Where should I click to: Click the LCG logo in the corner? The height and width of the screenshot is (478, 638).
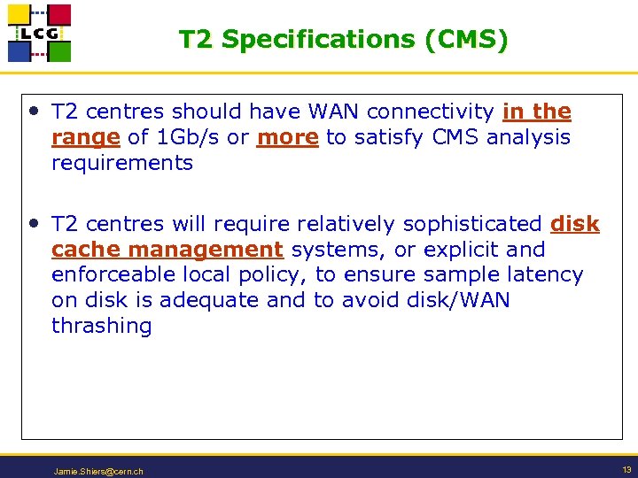pos(39,33)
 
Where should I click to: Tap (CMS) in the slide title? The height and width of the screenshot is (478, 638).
pos(466,40)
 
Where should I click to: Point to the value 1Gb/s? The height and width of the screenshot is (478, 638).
pos(203,138)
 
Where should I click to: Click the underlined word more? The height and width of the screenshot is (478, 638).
pos(287,138)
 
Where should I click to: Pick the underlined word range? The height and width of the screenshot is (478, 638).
pos(85,138)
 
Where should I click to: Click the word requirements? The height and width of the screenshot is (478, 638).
pos(121,163)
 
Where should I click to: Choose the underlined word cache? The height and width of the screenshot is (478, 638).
pos(77,250)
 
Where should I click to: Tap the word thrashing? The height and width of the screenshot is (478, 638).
pos(101,326)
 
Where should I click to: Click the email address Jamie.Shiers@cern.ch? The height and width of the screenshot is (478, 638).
pos(97,471)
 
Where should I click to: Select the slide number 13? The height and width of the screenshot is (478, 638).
pos(626,469)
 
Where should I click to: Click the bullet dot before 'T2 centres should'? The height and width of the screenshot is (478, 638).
pos(34,111)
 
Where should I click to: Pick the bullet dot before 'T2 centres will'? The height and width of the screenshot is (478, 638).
pos(34,223)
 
